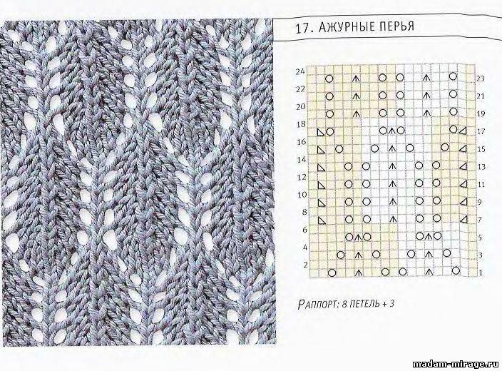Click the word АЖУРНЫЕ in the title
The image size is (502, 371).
coord(347,27)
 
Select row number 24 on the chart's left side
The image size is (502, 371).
coord(300,72)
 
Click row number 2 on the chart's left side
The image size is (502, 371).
coord(305,265)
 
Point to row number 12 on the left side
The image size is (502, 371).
coord(302,177)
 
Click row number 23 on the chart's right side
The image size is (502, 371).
coord(481,78)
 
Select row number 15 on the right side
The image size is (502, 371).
coord(481,149)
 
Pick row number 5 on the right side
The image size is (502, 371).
coord(480,238)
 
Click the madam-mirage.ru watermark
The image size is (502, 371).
coord(456,365)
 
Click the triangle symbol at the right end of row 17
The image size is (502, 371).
coord(462,131)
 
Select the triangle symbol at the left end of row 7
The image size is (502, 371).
coord(321,220)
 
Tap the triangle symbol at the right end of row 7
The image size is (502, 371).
coord(463,219)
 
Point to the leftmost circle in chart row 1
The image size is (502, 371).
coord(332,273)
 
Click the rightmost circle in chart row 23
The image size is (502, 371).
coord(453,76)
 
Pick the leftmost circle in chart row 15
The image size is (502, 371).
coord(339,149)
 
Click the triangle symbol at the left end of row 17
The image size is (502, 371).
coord(321,132)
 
